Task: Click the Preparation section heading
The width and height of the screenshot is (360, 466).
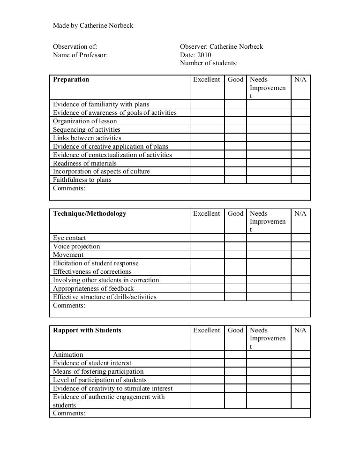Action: pyautogui.click(x=71, y=80)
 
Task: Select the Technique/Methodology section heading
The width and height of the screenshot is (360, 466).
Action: pyautogui.click(x=90, y=214)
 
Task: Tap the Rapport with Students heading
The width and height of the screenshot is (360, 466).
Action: pyautogui.click(x=87, y=331)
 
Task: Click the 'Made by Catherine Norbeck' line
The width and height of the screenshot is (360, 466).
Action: pyautogui.click(x=93, y=25)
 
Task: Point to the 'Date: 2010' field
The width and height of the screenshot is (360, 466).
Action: pyautogui.click(x=195, y=55)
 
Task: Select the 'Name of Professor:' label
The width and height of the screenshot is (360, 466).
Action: pyautogui.click(x=80, y=55)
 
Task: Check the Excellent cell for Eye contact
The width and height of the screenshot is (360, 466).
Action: pyautogui.click(x=207, y=238)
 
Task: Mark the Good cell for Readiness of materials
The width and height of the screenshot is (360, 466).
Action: pyautogui.click(x=235, y=163)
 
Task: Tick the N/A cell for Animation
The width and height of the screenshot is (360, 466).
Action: pyautogui.click(x=300, y=354)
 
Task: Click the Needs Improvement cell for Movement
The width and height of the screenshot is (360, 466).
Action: pyautogui.click(x=269, y=255)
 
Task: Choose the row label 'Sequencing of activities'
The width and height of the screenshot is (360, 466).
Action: pyautogui.click(x=87, y=129)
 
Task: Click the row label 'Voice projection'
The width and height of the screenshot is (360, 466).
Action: pyautogui.click(x=76, y=246)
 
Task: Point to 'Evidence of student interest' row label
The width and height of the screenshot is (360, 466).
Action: pyautogui.click(x=92, y=363)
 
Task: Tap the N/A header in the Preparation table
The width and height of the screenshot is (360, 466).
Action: pyautogui.click(x=300, y=80)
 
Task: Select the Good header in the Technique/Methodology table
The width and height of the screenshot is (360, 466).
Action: pyautogui.click(x=235, y=214)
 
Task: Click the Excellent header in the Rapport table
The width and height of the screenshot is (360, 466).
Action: pyautogui.click(x=207, y=331)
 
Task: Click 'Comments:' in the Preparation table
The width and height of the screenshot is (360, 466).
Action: pyautogui.click(x=69, y=188)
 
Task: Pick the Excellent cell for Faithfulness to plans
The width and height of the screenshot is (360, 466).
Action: pyautogui.click(x=207, y=180)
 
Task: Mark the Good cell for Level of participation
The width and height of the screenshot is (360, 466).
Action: pyautogui.click(x=235, y=380)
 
